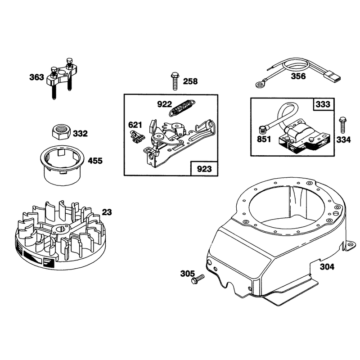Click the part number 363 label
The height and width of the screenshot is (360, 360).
coord(36,77)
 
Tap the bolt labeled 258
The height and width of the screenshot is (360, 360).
coord(175,81)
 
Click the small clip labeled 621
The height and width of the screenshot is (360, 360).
coord(137,137)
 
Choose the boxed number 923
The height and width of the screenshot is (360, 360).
coord(204,169)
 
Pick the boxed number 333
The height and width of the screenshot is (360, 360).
coord(323,104)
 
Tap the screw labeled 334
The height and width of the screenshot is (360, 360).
coord(343,125)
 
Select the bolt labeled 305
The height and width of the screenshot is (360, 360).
coord(198,279)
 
